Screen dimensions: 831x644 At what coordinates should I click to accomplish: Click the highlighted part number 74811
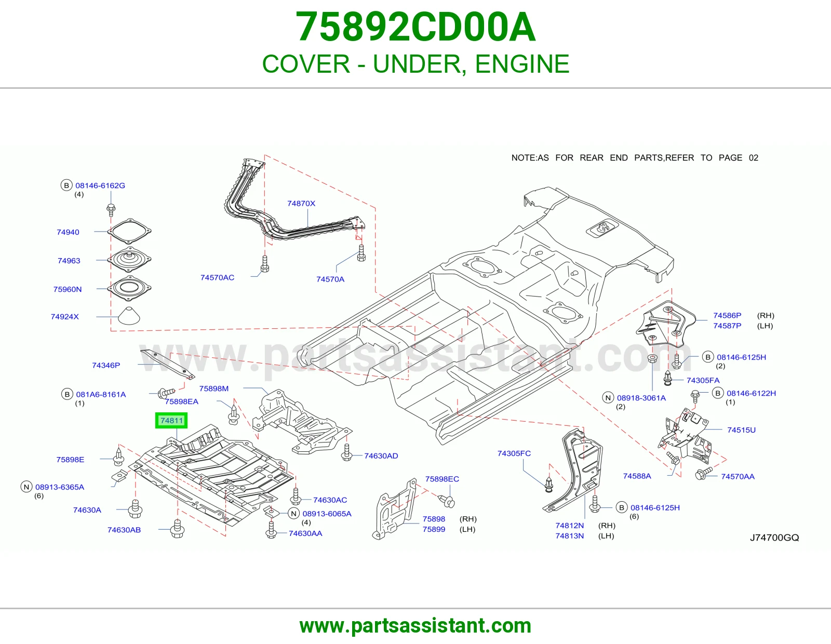click(172, 421)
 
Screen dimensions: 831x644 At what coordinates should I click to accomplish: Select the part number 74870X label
click(301, 204)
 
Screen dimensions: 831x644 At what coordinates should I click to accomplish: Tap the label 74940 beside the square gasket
click(68, 232)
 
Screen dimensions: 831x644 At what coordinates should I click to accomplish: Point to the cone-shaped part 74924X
click(129, 315)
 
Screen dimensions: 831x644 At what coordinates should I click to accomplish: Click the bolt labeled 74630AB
click(177, 529)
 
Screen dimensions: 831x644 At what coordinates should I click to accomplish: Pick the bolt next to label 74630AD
click(346, 452)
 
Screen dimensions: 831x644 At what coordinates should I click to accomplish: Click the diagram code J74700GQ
click(774, 538)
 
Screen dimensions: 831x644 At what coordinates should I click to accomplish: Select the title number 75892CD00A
click(415, 27)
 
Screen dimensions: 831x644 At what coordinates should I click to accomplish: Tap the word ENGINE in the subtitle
click(522, 64)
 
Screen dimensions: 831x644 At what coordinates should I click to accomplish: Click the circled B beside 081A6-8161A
click(67, 394)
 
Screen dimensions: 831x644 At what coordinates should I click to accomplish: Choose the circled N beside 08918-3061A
click(608, 398)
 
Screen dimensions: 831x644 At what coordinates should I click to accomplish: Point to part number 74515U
click(742, 430)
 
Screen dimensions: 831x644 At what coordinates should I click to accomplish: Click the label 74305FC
click(514, 453)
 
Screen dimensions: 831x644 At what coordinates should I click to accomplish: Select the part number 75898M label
click(214, 388)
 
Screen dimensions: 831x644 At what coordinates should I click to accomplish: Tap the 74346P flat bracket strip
click(167, 364)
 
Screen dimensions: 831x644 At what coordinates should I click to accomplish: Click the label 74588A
click(637, 476)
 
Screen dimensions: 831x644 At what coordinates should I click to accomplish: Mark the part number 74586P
click(727, 315)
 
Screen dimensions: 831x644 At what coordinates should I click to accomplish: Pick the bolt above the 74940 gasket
click(111, 210)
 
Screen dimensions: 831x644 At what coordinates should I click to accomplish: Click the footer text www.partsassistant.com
click(415, 626)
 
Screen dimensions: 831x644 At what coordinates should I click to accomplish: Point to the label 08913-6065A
click(327, 514)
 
